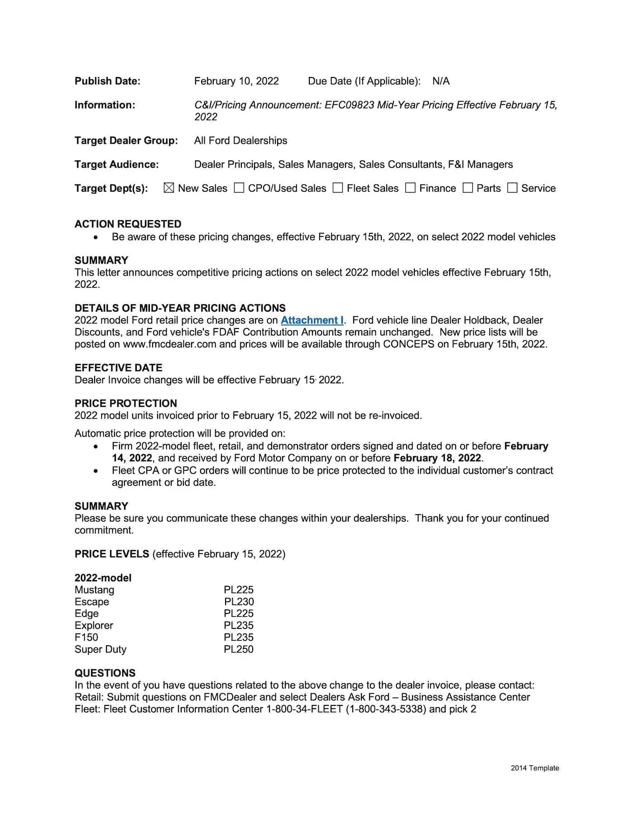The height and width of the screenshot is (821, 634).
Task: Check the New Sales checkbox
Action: click(169, 188)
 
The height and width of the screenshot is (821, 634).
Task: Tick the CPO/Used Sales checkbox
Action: click(239, 188)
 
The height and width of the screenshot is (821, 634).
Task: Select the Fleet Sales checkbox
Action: click(338, 188)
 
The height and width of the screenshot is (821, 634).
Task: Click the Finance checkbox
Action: click(410, 188)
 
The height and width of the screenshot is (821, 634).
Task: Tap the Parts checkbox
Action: click(468, 188)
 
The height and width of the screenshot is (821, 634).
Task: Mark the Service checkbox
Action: click(512, 188)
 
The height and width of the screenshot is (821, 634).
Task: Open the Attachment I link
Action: click(312, 320)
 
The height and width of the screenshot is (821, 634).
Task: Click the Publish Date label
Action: click(107, 81)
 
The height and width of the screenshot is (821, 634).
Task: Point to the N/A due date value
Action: click(441, 81)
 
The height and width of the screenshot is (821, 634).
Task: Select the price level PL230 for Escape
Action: click(239, 602)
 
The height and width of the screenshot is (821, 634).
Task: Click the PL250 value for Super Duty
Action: click(239, 649)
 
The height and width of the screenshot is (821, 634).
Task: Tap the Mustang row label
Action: click(94, 590)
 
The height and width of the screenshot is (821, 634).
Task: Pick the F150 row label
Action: click(86, 637)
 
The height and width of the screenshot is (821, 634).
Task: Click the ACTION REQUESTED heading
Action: click(128, 224)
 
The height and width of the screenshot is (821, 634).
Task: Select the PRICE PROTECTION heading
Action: click(125, 403)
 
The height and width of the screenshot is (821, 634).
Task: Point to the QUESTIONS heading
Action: click(105, 673)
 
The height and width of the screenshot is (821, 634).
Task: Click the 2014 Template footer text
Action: click(535, 768)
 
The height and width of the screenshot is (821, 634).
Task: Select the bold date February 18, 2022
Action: click(437, 458)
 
